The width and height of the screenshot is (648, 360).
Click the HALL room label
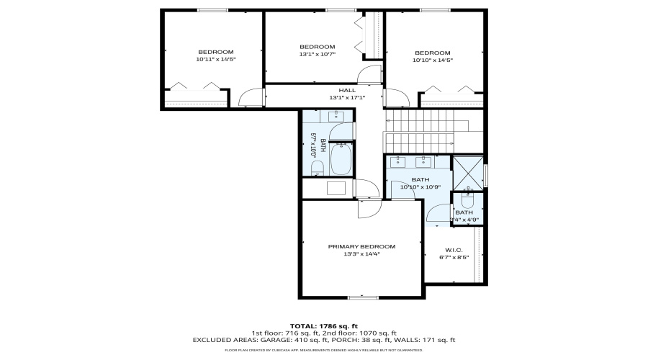coord(337,90)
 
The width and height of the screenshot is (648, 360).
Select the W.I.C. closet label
coord(454,249)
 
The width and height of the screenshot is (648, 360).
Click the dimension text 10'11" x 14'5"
coord(215,60)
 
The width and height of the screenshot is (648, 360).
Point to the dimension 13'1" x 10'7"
coord(318,54)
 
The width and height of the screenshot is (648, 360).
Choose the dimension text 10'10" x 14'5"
coord(432,60)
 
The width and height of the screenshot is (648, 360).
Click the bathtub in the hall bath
coord(341,159)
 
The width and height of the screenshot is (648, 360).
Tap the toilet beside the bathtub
coord(317,168)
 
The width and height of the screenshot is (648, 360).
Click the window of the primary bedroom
coord(362,297)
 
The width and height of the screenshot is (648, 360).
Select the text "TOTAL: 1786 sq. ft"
coord(323,325)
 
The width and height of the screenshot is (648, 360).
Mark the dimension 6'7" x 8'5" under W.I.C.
coord(454,257)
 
